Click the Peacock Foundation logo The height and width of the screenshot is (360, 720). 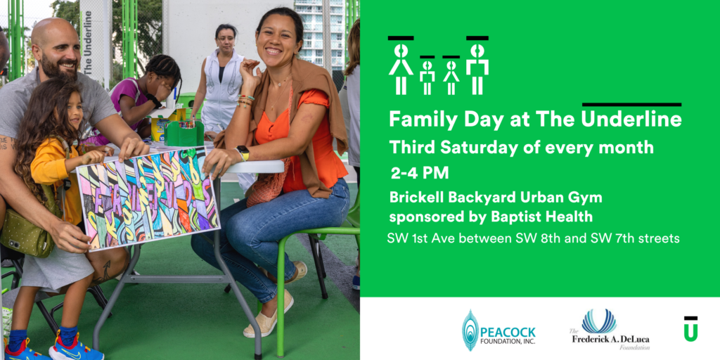499,330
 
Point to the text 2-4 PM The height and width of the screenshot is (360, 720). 420,173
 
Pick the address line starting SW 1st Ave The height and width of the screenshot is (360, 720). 533,239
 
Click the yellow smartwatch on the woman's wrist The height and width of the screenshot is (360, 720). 243,153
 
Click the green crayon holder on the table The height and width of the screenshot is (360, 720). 184,134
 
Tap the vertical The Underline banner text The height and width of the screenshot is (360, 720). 88,41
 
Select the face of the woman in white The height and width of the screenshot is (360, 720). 226,40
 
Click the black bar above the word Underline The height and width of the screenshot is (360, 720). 631,105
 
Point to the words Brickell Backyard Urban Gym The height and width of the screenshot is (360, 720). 496,198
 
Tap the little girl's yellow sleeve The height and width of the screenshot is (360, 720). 51,165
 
